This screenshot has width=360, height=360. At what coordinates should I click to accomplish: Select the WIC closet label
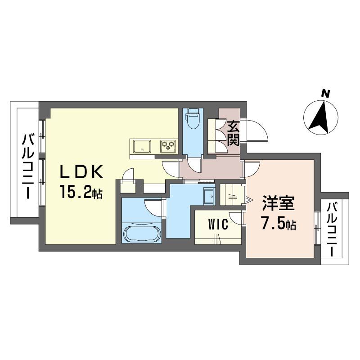tap(217, 224)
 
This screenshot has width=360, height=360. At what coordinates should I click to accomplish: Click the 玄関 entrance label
tap(233, 133)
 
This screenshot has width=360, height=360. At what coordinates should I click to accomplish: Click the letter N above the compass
tap(325, 94)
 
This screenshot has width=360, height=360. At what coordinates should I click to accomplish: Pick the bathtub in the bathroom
tap(141, 234)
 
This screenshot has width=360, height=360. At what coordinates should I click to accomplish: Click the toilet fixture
tap(193, 119)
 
